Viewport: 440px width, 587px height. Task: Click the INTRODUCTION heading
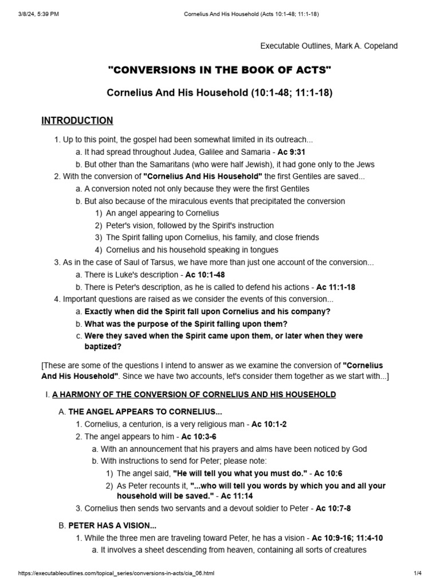point(77,120)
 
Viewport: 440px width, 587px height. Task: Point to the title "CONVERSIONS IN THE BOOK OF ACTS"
point(220,70)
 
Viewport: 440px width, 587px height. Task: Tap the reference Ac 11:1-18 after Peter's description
point(336,287)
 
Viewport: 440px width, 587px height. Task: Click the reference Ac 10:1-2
point(269,424)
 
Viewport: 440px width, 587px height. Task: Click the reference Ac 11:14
point(238,496)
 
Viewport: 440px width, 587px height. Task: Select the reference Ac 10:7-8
point(333,508)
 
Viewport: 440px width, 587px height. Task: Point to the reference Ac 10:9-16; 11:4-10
point(348,538)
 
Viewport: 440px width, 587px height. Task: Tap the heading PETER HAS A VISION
point(112,526)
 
